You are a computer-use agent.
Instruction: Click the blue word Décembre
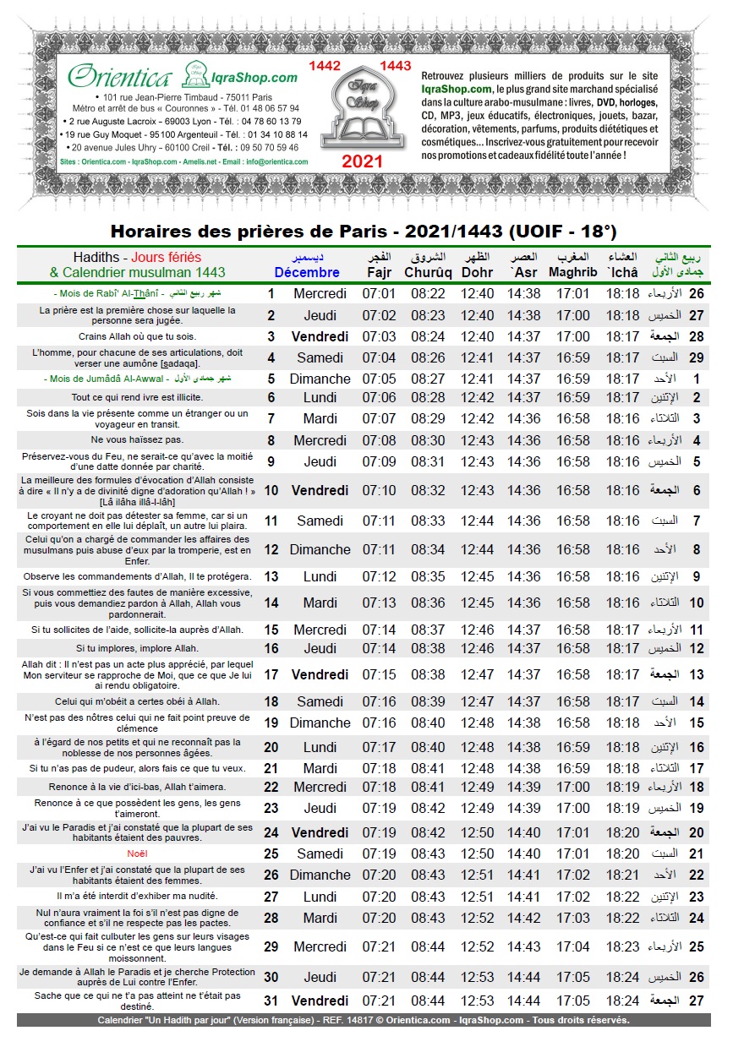click(x=307, y=272)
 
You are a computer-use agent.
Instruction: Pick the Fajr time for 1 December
click(x=379, y=294)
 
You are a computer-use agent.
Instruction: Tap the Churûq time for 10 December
click(x=428, y=490)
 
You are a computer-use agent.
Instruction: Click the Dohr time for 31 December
click(x=478, y=1001)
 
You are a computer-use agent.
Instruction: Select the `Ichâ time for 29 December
click(x=623, y=947)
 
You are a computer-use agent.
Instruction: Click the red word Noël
click(x=125, y=854)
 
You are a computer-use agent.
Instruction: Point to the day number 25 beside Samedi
click(x=271, y=854)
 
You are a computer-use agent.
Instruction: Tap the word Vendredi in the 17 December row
click(x=320, y=675)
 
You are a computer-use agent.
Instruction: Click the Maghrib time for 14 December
click(x=573, y=603)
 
